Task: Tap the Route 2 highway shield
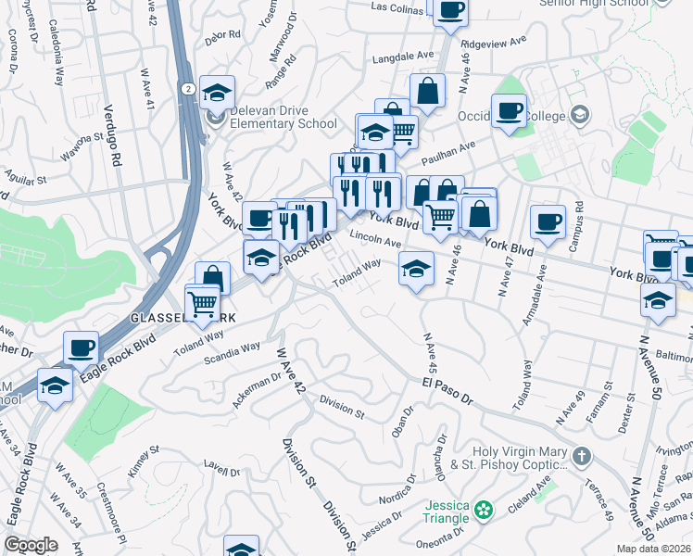tap(188, 88)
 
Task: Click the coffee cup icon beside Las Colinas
tap(450, 12)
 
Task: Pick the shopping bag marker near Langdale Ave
tap(427, 92)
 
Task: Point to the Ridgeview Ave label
tap(493, 43)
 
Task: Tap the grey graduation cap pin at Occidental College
tap(580, 115)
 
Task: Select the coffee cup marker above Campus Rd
tap(548, 222)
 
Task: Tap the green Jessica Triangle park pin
tap(483, 509)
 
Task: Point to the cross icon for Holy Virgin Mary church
tap(581, 456)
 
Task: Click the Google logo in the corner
tap(31, 545)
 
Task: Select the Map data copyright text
tap(653, 549)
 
